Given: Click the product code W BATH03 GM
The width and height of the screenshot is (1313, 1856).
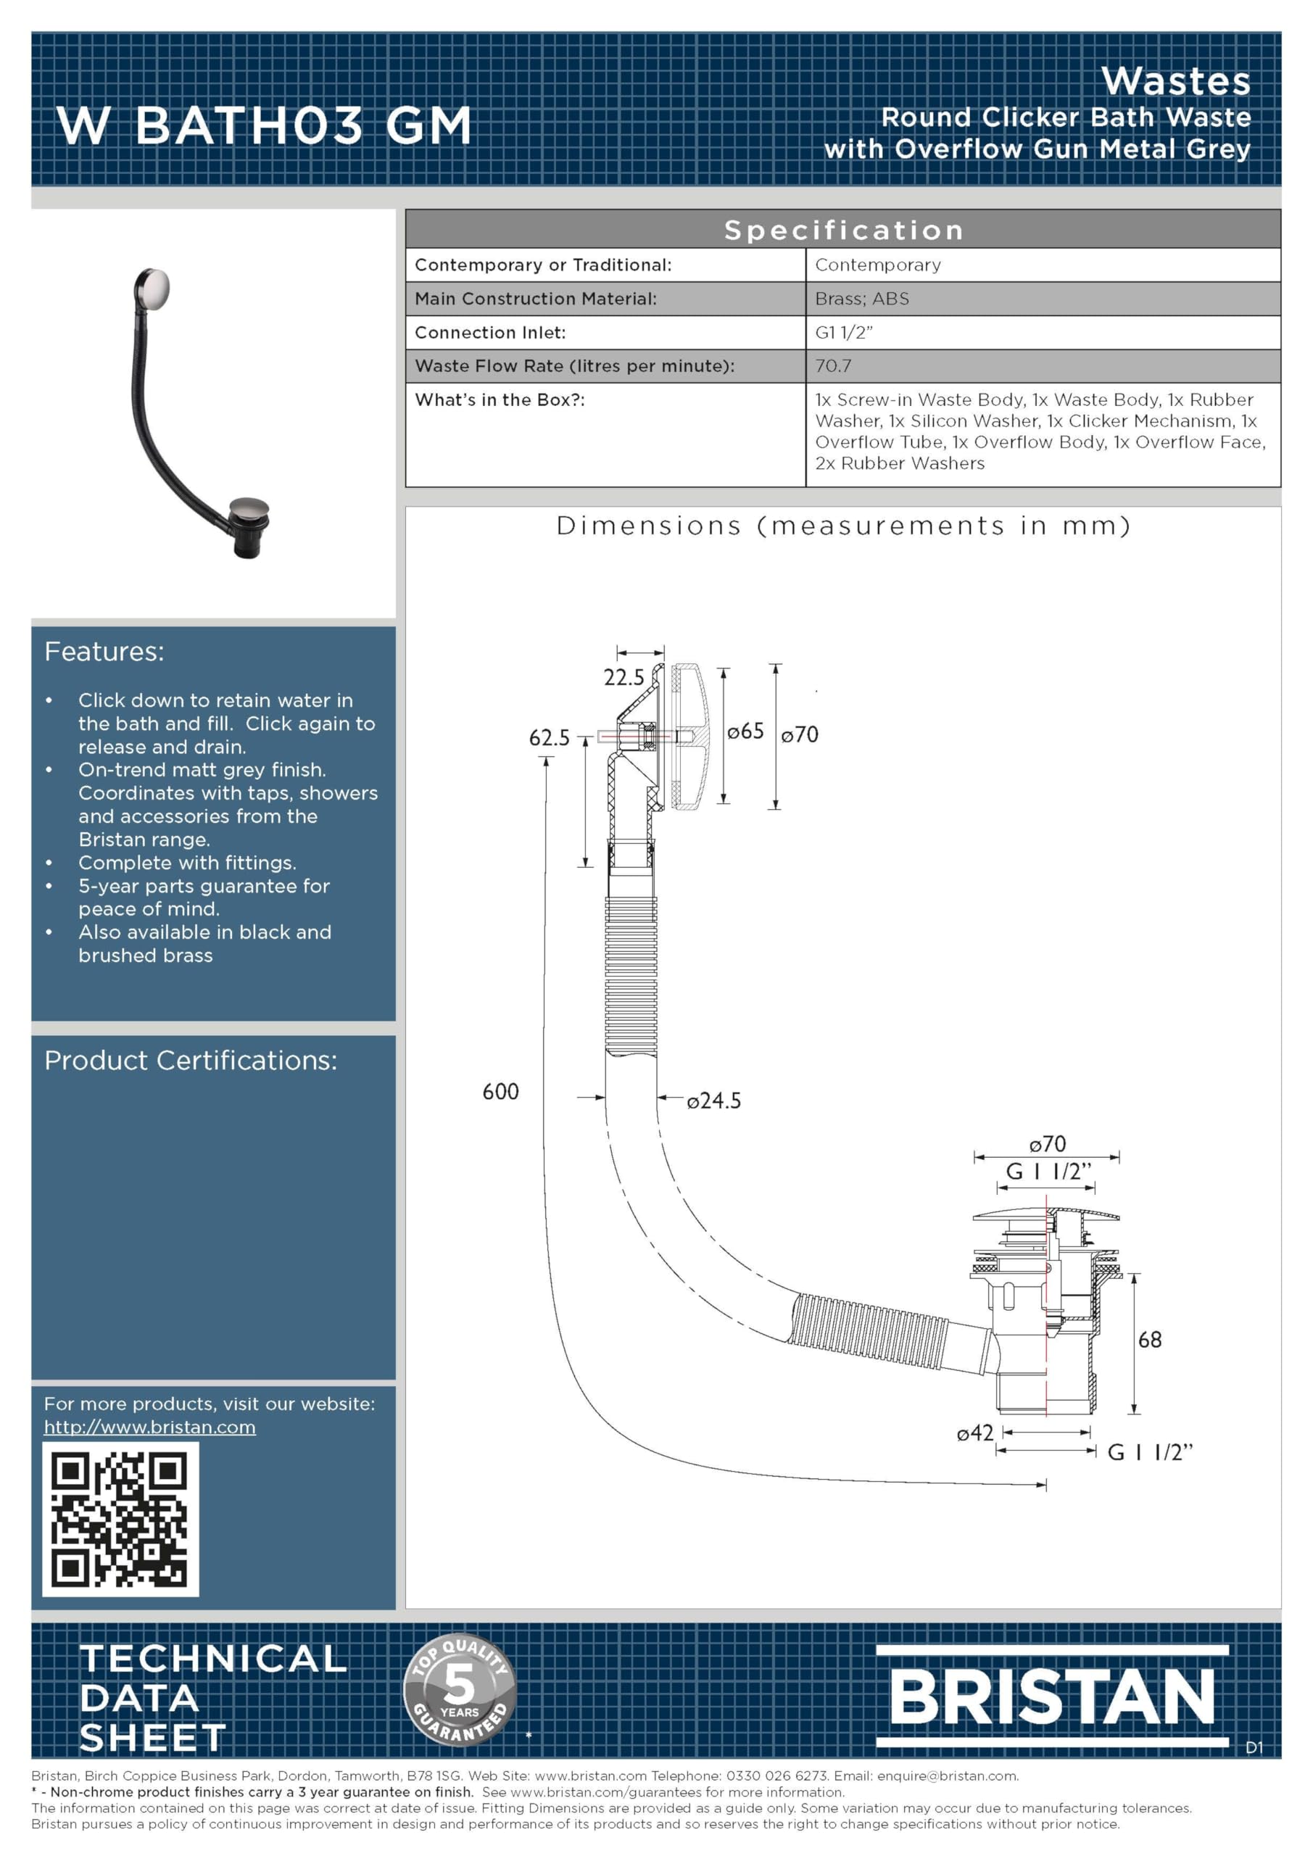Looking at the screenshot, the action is point(264,125).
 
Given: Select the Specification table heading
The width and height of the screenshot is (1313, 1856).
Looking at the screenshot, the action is point(843,230).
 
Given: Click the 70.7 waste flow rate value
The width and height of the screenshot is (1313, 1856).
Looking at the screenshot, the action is point(833,365).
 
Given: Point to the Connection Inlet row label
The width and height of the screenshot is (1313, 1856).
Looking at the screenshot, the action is point(490,332).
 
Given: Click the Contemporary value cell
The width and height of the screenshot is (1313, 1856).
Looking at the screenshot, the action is point(878,265).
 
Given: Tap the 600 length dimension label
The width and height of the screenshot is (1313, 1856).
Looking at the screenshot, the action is point(500,1091).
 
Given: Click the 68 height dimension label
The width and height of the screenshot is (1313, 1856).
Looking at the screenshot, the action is point(1150,1340).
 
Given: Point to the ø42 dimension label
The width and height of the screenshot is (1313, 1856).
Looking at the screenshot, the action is point(975,1433).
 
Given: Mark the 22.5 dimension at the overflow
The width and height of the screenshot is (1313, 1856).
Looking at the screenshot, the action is point(624,677).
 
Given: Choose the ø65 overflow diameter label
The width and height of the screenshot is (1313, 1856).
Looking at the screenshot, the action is point(745,732).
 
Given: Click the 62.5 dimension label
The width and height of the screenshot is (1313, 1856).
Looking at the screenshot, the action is point(549,737).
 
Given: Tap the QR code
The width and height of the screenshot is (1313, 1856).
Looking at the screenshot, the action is point(120,1519).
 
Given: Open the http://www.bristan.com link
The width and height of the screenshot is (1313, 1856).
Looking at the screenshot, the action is point(149,1427).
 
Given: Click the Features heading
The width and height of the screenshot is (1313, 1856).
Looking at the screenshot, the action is point(104,652).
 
